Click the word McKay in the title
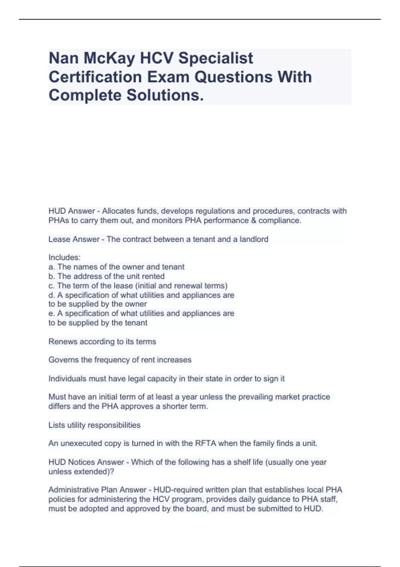tap(109, 58)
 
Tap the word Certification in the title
tap(95, 77)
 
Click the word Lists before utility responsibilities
tap(56, 425)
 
